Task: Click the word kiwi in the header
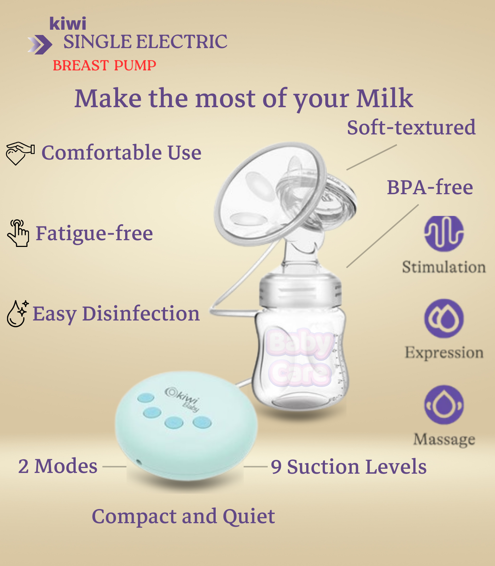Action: [68, 24]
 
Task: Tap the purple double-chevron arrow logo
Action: [40, 45]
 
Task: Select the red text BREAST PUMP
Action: [104, 65]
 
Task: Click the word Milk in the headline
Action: [384, 98]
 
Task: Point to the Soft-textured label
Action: [411, 127]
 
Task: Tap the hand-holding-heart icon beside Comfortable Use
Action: [20, 153]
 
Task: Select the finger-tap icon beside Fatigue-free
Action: [18, 233]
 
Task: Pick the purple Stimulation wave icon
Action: [444, 233]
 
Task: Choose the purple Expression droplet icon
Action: [444, 318]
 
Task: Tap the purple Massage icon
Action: [444, 405]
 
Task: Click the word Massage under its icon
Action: [444, 439]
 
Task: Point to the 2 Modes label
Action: [58, 466]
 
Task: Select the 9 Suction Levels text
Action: [349, 467]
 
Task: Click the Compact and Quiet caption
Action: [183, 516]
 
